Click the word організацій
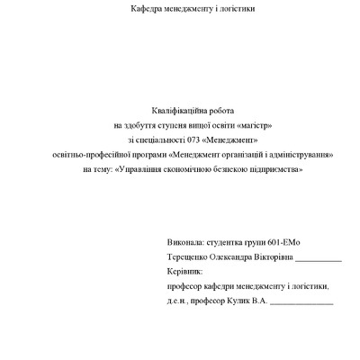click(232, 154)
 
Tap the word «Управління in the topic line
click(134, 168)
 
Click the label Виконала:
click(185, 243)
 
